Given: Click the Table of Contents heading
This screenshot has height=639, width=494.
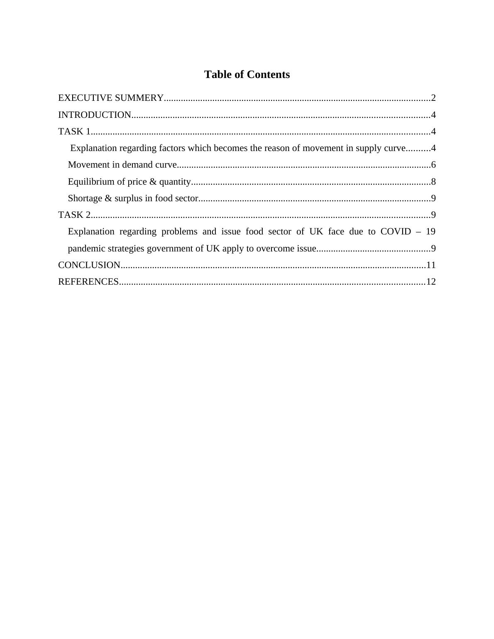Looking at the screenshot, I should (247, 75).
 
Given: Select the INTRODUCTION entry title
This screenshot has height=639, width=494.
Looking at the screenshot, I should (95, 115).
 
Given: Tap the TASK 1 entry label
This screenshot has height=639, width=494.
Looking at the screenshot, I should (74, 132).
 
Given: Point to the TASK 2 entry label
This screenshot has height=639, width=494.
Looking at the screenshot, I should (74, 215).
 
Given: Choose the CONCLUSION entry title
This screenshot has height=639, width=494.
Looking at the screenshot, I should (89, 265).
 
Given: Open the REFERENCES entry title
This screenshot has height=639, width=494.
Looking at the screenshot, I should (88, 282).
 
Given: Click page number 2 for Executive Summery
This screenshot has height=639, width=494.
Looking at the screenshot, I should (433, 98).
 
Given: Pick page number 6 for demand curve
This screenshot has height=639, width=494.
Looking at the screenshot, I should (433, 165).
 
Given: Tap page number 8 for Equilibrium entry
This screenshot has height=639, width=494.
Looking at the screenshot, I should (433, 182).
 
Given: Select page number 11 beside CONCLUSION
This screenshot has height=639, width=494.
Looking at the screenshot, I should (431, 265).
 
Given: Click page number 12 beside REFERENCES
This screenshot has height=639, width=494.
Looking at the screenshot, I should (431, 282).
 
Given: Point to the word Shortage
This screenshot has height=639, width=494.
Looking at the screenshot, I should (85, 198).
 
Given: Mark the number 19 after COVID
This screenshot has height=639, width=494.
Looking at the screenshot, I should (430, 232).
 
